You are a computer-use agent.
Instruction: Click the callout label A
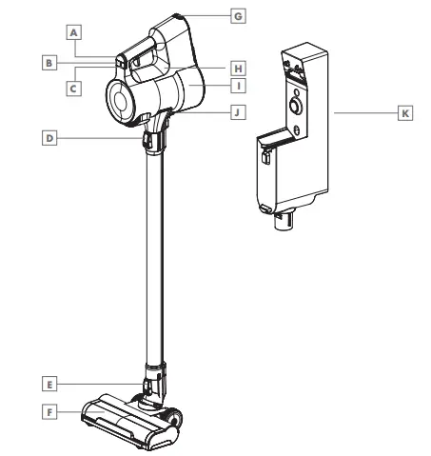pos(73,31)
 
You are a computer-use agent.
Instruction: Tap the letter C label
pos(73,86)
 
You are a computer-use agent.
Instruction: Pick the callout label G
pos(238,16)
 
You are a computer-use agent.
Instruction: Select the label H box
pos(238,69)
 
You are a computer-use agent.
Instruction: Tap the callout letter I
pos(238,87)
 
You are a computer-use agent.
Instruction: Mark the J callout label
pos(238,111)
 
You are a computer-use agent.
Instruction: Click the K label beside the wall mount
pos(405,112)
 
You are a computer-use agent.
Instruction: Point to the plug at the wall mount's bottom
pos(283,222)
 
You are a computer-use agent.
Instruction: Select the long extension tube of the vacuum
pos(150,257)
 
